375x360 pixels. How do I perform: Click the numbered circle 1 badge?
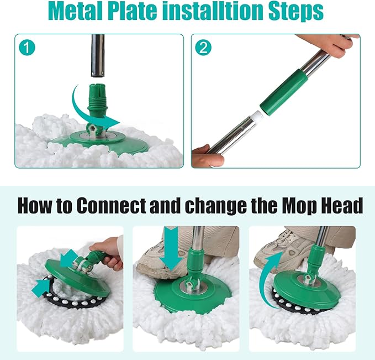click(27, 48)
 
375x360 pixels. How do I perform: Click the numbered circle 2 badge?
click(203, 48)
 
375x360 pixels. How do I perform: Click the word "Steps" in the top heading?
click(296, 12)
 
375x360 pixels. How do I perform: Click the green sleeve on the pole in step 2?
click(284, 91)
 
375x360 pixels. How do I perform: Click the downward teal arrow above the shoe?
click(171, 249)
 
